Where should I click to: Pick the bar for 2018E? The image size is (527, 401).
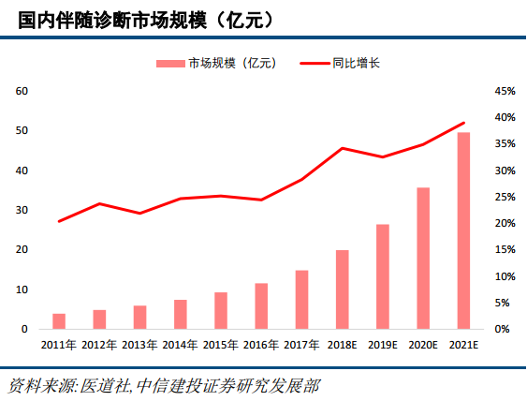(343, 290)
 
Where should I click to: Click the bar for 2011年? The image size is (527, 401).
(59, 321)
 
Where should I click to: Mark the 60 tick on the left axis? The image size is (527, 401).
(22, 92)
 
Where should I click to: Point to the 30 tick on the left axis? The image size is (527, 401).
(22, 211)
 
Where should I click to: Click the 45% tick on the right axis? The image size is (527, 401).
(505, 92)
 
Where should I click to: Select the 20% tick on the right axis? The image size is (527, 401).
(505, 224)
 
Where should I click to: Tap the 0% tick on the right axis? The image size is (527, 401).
(502, 330)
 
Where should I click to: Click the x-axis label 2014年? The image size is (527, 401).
(181, 346)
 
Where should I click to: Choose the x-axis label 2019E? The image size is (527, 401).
(383, 346)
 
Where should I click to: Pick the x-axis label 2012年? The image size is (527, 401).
(99, 346)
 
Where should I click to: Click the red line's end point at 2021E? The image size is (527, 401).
(463, 123)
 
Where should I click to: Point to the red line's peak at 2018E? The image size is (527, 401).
(343, 148)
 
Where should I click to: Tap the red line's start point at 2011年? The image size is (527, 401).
(59, 221)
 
